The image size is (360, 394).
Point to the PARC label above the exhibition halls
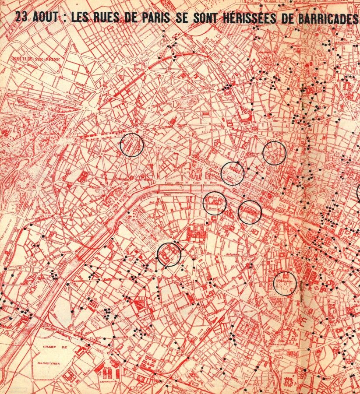(x=107, y=367)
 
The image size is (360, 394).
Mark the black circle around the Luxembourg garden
(x=285, y=283)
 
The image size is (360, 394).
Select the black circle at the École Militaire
(x=169, y=254)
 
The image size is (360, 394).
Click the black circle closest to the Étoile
(x=132, y=145)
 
